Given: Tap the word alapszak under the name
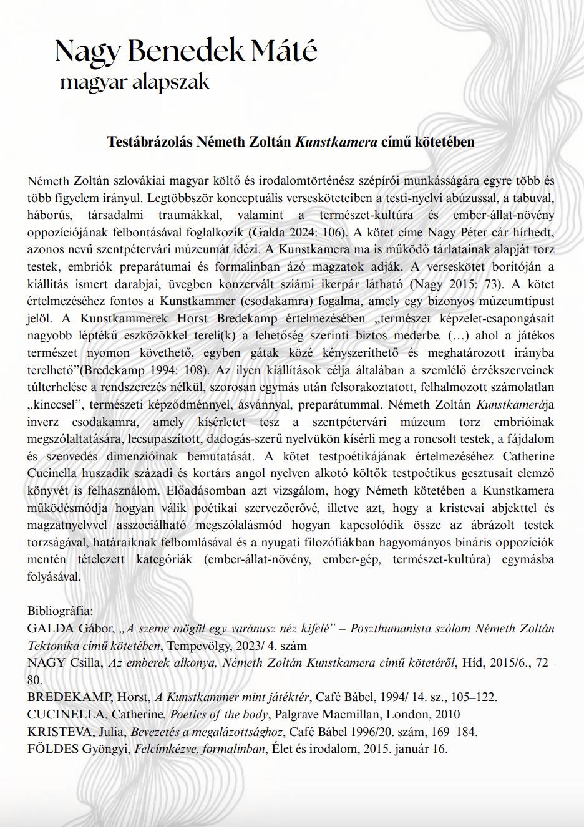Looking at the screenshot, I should [x=171, y=82].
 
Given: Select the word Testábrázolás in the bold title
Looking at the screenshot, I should [x=150, y=142].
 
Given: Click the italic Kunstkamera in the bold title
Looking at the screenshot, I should [x=336, y=142].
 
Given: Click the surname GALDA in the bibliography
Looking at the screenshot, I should [x=47, y=628].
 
